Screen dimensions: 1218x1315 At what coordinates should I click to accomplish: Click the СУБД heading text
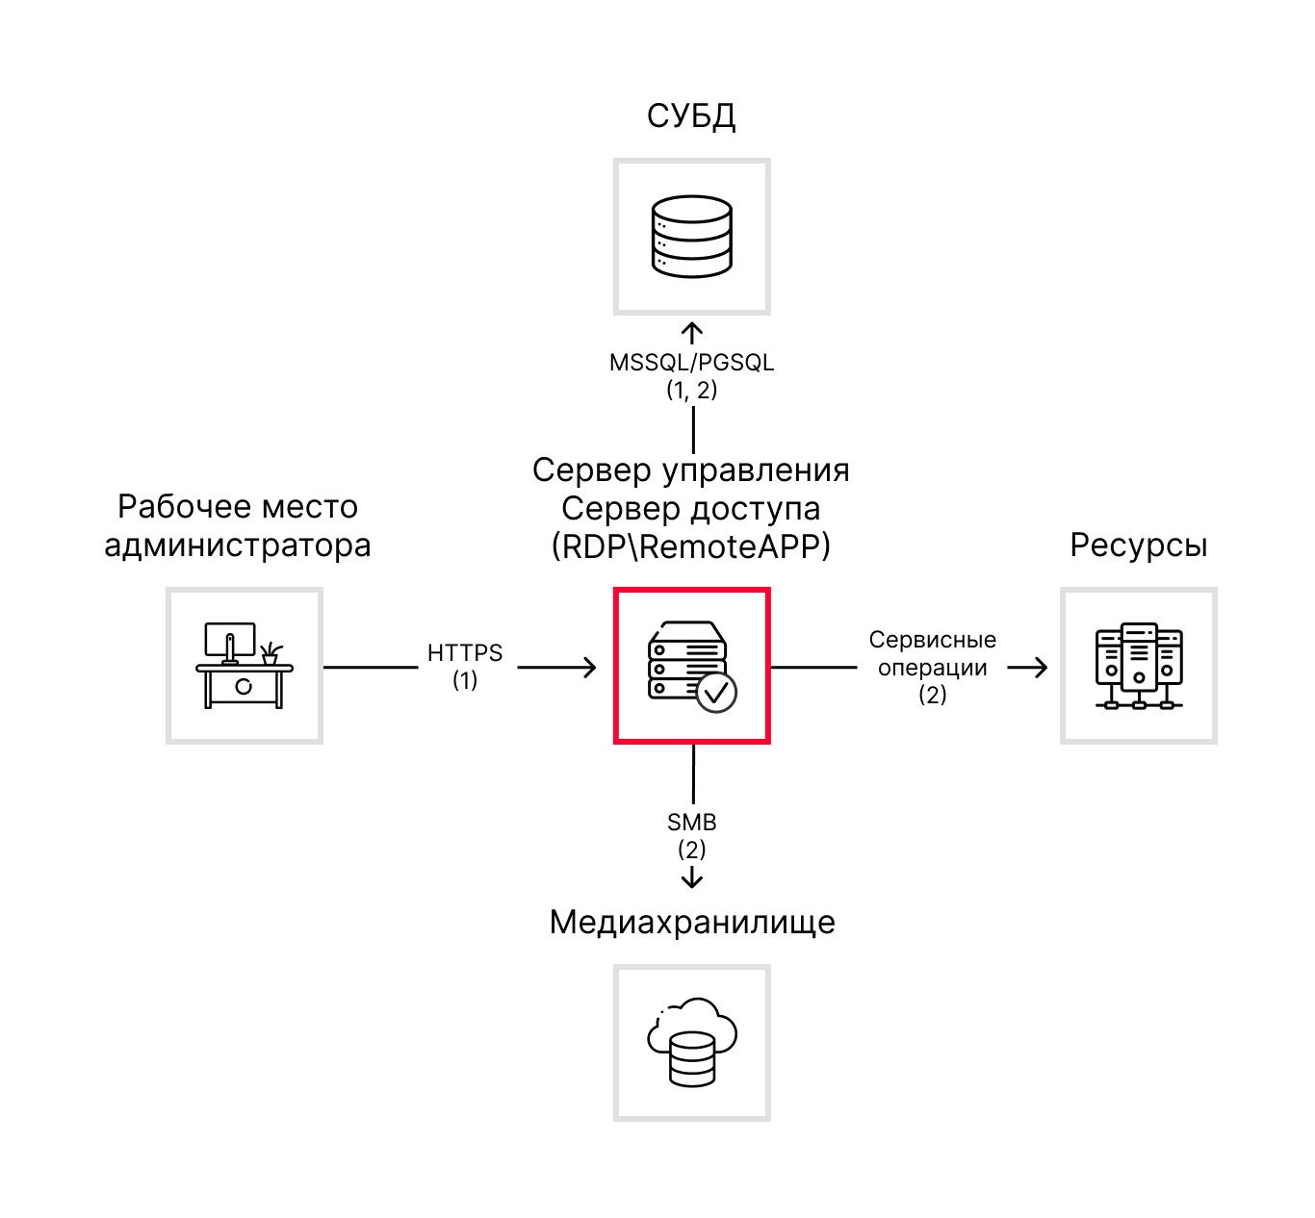coord(691,116)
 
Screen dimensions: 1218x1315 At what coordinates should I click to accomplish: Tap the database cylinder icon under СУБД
coord(691,237)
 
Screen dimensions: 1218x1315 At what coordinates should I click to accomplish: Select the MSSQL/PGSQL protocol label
coord(691,363)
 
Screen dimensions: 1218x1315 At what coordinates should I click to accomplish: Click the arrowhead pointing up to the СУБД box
coord(692,331)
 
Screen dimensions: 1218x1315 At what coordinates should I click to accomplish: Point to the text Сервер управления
coord(691,469)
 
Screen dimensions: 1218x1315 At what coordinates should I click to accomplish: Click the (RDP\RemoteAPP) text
coord(691,546)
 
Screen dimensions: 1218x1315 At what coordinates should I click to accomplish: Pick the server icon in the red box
coord(687,662)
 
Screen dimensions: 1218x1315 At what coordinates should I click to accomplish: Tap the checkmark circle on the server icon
coord(716,692)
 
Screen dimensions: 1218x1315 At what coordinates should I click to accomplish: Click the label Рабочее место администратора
coord(237,525)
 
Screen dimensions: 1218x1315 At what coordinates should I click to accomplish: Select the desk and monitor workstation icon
coord(244,666)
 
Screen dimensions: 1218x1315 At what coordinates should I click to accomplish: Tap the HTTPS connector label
coord(465,653)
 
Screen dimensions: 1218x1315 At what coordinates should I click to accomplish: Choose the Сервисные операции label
coord(932,654)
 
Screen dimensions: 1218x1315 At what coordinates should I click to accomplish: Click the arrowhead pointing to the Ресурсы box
coord(1040,667)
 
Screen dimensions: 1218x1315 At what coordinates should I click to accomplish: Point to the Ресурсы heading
coord(1138,546)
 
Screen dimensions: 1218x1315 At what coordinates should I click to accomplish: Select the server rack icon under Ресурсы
coord(1139,666)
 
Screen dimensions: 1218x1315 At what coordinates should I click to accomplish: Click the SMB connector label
coord(691,823)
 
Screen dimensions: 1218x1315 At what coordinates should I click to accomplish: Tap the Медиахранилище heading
coord(691,922)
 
